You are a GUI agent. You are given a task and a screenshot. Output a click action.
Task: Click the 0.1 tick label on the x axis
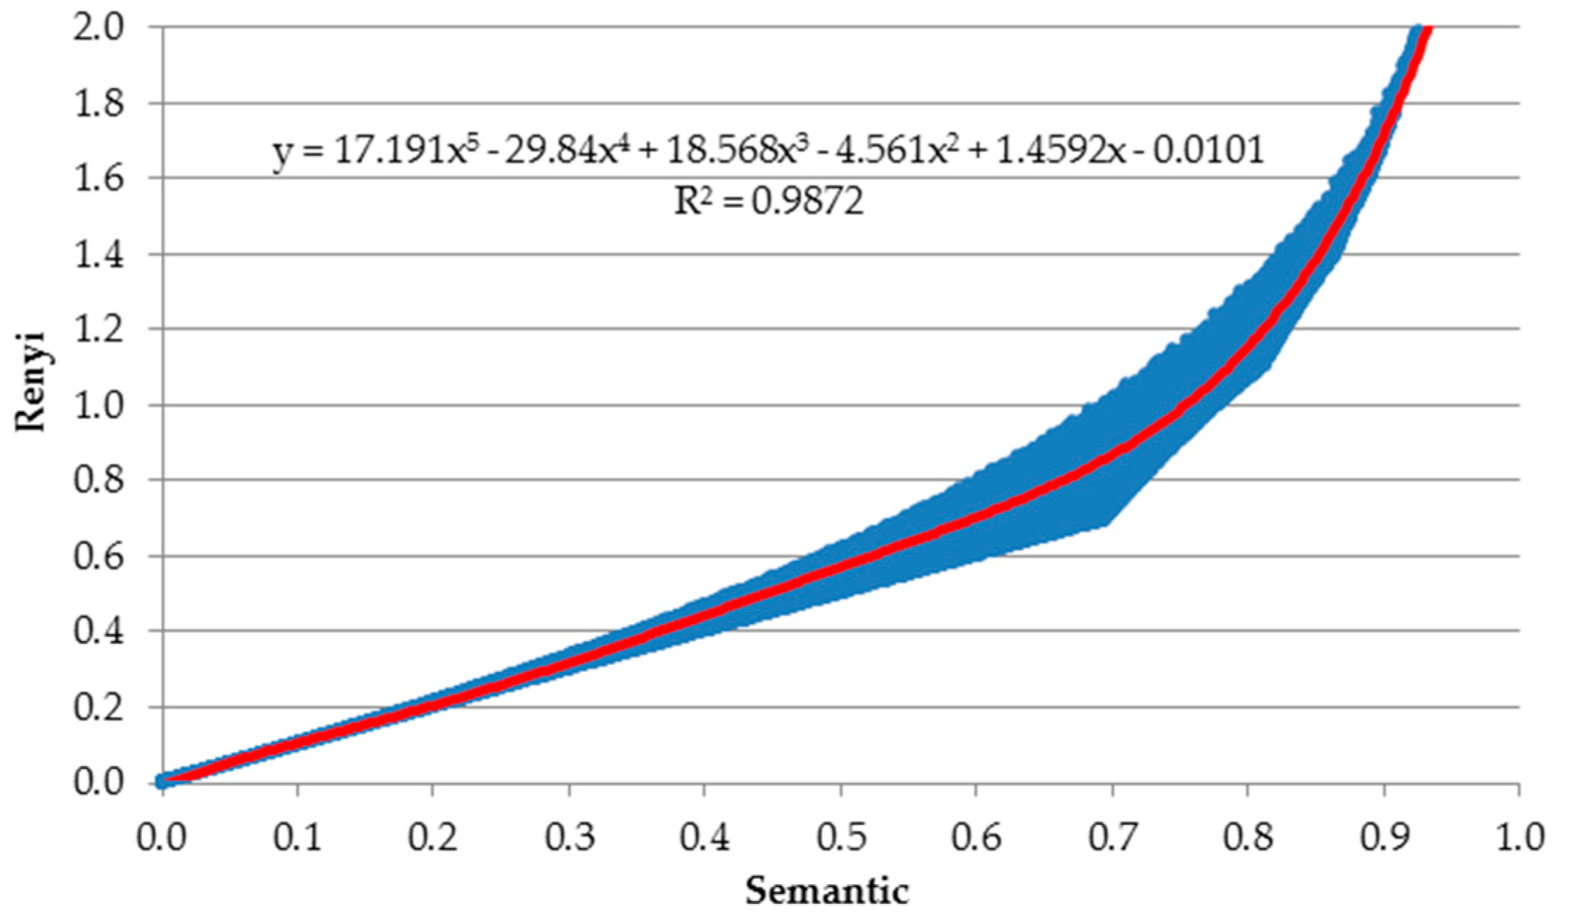tap(297, 838)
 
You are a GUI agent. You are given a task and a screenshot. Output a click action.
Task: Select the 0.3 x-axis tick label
tap(569, 838)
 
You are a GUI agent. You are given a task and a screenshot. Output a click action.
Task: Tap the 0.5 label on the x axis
tap(840, 838)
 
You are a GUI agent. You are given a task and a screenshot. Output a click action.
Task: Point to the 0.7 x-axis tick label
tap(1112, 838)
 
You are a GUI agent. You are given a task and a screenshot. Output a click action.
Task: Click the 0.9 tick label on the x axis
tap(1383, 838)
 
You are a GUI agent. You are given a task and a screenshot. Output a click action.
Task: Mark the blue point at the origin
tap(162, 780)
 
